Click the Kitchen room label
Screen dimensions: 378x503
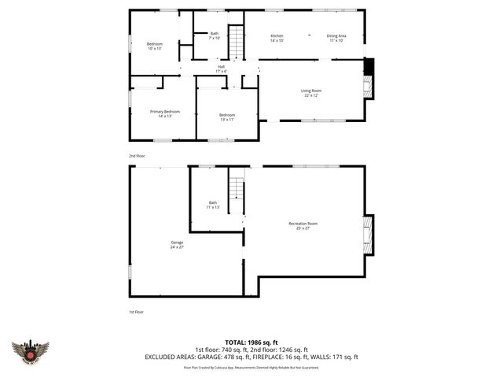(x=277, y=38)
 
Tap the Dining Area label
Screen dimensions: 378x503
(x=336, y=38)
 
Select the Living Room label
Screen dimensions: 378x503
(x=311, y=93)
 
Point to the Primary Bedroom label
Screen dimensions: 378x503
(x=165, y=113)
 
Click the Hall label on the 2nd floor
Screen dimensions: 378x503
(x=222, y=69)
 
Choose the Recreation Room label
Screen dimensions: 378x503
(x=303, y=226)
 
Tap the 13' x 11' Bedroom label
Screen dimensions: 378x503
(x=226, y=117)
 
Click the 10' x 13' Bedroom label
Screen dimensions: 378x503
(x=154, y=46)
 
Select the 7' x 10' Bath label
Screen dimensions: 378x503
(x=214, y=35)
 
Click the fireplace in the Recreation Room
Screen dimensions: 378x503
(x=366, y=234)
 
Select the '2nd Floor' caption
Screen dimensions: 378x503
(x=137, y=156)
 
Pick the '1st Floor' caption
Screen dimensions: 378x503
(x=136, y=312)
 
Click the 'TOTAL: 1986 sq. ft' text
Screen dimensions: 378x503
(x=251, y=343)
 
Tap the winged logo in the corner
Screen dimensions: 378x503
(x=30, y=351)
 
